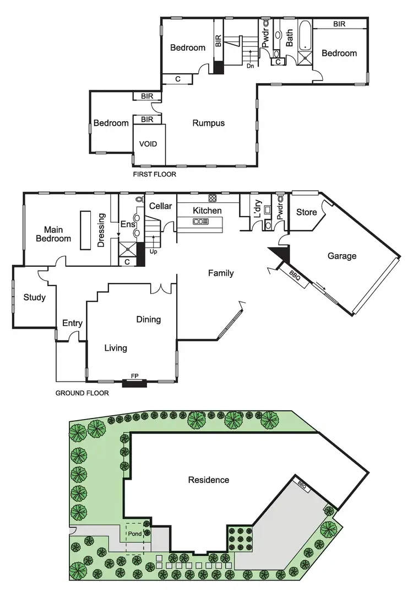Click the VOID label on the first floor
pyautogui.click(x=148, y=144)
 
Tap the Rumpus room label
pyautogui.click(x=208, y=123)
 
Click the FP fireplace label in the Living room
pyautogui.click(x=134, y=376)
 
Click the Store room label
pyautogui.click(x=307, y=212)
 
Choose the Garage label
pyautogui.click(x=342, y=256)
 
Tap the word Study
pyautogui.click(x=34, y=298)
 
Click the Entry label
pyautogui.click(x=72, y=323)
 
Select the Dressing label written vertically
pyautogui.click(x=101, y=230)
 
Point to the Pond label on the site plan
pyautogui.click(x=135, y=534)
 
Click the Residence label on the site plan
pyautogui.click(x=209, y=480)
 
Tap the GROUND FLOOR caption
pyautogui.click(x=82, y=394)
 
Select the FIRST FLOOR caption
pyautogui.click(x=155, y=174)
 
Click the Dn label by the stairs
pyautogui.click(x=250, y=66)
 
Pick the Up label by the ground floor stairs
pyautogui.click(x=154, y=251)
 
